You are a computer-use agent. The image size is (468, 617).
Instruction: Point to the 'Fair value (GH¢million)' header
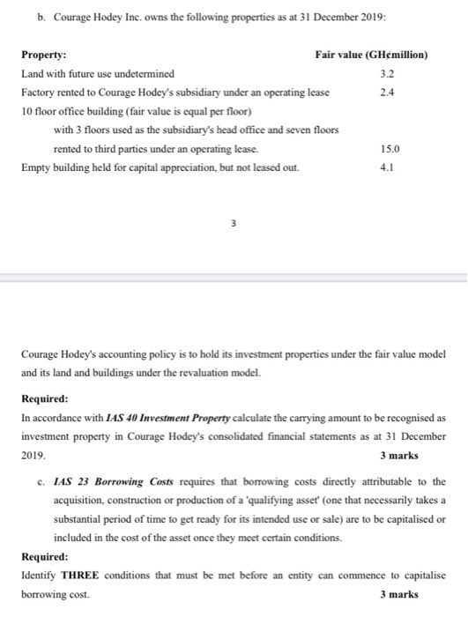[x=371, y=55]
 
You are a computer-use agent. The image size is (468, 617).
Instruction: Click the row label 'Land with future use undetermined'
[x=98, y=74]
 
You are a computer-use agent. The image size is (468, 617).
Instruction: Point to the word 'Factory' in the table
[x=38, y=93]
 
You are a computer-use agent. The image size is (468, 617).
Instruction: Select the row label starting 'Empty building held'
[x=160, y=167]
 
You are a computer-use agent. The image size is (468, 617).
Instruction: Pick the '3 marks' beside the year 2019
[x=398, y=456]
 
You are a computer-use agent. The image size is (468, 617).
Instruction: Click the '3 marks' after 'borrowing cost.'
[x=398, y=594]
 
